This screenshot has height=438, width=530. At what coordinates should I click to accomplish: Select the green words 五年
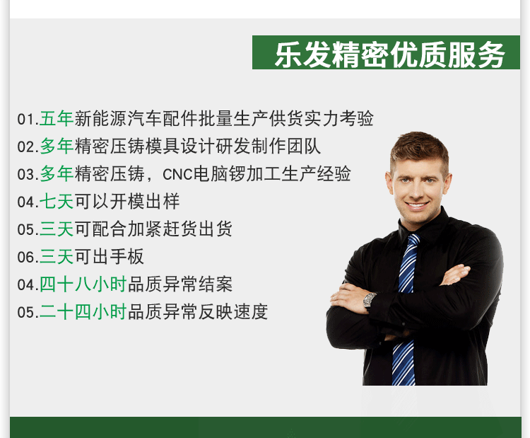click(x=57, y=119)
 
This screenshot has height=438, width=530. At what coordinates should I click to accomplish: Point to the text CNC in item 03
click(x=175, y=174)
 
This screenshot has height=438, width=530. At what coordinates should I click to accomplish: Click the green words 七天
click(x=57, y=202)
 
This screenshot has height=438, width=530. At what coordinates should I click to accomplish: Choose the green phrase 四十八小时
click(x=83, y=284)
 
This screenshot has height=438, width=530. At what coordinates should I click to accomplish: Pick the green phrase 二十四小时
click(x=83, y=312)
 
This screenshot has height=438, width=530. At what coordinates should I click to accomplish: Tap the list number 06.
click(x=28, y=258)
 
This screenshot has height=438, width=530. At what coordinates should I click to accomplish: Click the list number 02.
click(x=28, y=147)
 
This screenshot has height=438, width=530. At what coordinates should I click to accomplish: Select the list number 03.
click(x=28, y=175)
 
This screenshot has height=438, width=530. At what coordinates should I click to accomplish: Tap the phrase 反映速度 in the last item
click(x=234, y=312)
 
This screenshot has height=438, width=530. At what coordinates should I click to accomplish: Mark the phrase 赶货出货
click(x=198, y=229)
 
